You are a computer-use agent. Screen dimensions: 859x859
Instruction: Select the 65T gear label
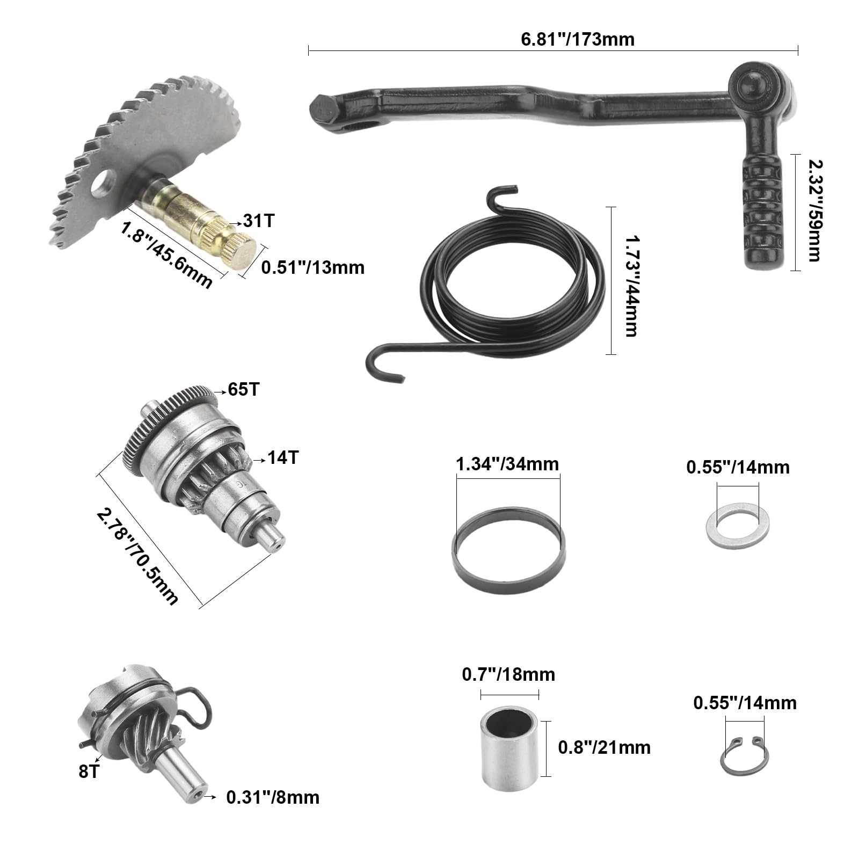(243, 389)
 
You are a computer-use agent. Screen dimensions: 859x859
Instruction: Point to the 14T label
(283, 458)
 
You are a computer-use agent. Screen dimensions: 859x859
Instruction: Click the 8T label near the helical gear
(89, 771)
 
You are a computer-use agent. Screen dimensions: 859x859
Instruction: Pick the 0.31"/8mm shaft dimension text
(273, 797)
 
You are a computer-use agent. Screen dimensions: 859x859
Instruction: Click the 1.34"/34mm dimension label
(507, 464)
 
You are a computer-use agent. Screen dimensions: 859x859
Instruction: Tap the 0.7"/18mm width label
(508, 674)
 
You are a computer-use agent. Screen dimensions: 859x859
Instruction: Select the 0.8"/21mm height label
(604, 747)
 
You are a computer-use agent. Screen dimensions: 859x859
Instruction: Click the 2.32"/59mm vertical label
(813, 210)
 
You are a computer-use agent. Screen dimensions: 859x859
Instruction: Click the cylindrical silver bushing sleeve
(508, 747)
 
